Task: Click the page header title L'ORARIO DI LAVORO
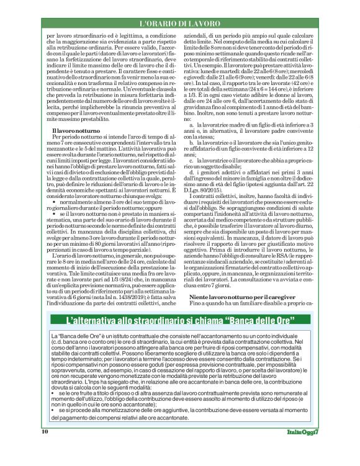[179, 24]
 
